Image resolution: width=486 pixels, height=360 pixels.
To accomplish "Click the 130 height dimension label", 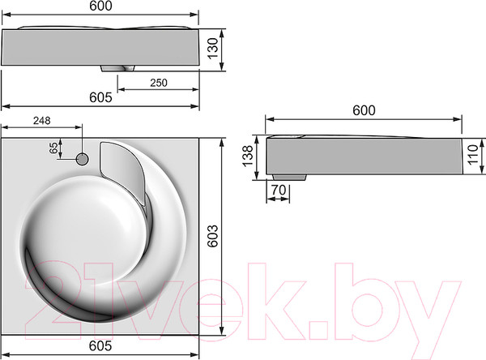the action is (213, 49).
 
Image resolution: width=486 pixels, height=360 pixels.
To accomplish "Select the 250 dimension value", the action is (159, 83).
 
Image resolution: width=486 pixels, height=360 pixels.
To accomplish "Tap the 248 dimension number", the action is (42, 121).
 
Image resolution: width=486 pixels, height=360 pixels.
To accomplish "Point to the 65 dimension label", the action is (53, 148).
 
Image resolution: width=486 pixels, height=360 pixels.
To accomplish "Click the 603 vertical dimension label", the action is (212, 236).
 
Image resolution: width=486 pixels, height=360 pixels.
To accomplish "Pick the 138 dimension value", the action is (248, 156).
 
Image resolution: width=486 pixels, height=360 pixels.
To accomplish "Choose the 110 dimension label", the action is (473, 155).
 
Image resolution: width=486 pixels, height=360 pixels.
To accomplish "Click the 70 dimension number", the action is (279, 190).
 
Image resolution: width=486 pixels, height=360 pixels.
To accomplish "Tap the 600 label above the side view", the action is (364, 110).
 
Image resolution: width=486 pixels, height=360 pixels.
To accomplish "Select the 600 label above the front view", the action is (100, 6).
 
